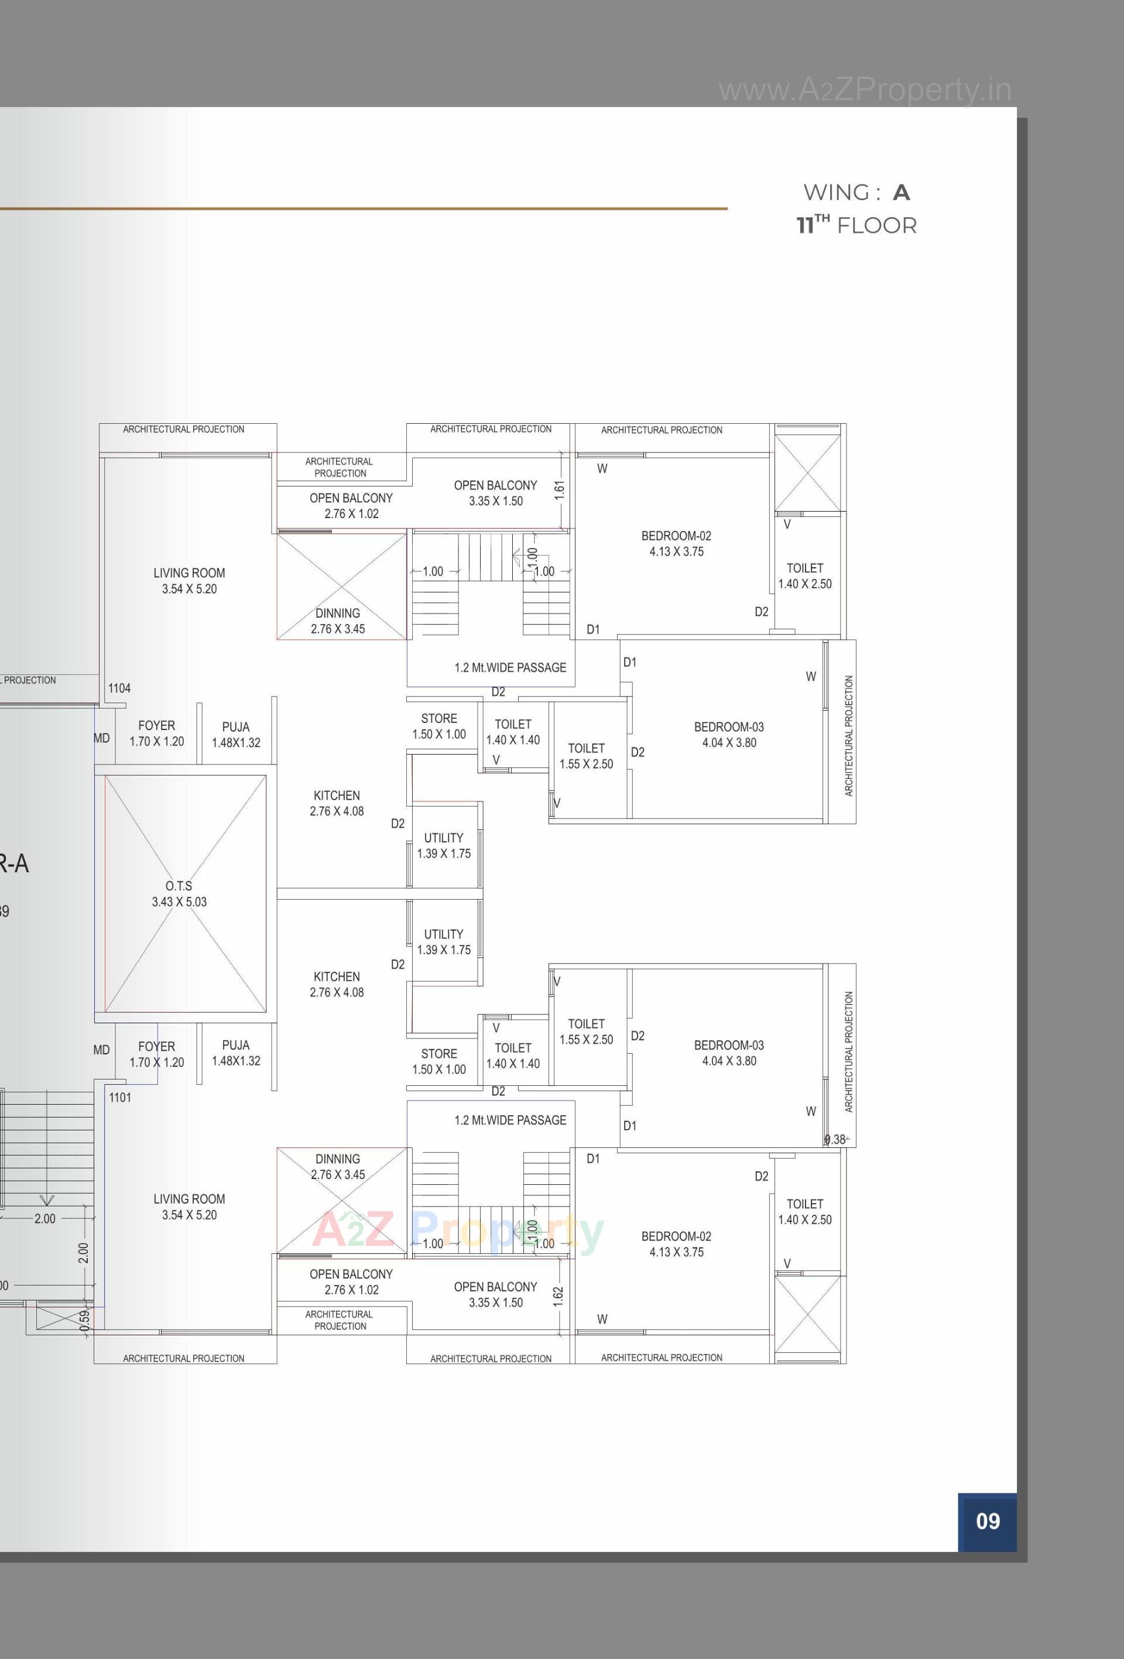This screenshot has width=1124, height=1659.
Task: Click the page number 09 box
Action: click(x=987, y=1521)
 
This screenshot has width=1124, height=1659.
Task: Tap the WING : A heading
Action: click(x=856, y=193)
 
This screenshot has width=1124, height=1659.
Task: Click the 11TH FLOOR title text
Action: click(x=856, y=225)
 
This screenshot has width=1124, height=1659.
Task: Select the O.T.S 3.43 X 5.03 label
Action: click(x=179, y=894)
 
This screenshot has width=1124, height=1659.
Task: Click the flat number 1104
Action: click(x=119, y=688)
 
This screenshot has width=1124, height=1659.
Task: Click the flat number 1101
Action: click(x=120, y=1097)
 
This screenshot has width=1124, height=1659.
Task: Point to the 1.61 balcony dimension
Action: click(x=559, y=489)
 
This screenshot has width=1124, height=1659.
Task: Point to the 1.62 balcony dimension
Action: click(x=558, y=1297)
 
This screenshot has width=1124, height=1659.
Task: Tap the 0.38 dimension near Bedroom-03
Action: click(x=835, y=1139)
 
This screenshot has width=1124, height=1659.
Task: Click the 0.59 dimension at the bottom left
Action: click(x=84, y=1319)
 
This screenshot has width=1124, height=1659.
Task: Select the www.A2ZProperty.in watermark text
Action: click(x=865, y=91)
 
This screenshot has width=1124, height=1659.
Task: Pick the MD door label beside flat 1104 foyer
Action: click(x=101, y=738)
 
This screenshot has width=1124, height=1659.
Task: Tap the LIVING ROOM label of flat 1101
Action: click(x=189, y=1206)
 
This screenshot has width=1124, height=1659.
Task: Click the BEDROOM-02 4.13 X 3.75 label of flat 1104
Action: click(x=676, y=543)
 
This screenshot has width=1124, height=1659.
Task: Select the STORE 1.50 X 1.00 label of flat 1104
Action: click(x=438, y=726)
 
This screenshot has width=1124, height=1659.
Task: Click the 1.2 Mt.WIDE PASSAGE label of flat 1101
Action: click(x=510, y=1120)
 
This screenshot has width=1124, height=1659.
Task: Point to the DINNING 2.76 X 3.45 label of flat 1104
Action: click(x=338, y=621)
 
